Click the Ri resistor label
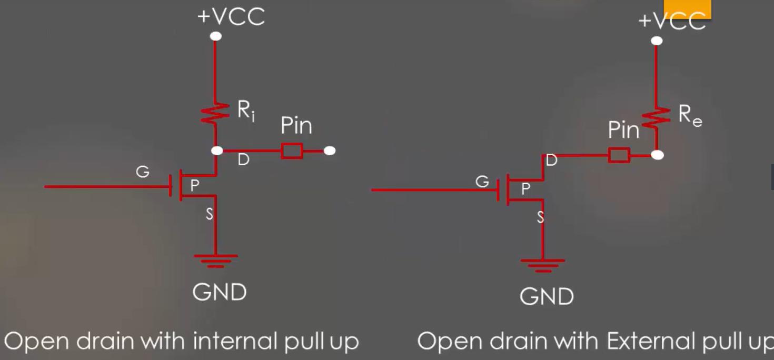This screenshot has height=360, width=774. coord(246,111)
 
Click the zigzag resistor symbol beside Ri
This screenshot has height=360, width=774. coord(215,113)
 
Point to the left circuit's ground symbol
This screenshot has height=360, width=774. coord(216,261)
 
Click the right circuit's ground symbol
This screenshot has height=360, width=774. coord(543,266)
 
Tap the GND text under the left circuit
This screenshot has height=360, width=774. coord(220,292)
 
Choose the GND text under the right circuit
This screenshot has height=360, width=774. coord(547,296)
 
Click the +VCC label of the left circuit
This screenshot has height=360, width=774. coord(231,16)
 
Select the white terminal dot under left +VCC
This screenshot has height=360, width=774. coord(216,36)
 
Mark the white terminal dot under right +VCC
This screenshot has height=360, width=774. coord(657,41)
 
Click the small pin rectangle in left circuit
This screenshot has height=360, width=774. coord(292,151)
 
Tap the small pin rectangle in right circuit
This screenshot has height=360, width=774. coord(619,155)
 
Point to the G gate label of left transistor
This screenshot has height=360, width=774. coord(143,172)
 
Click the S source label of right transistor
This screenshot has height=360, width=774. coord(540,217)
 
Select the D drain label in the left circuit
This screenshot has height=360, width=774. coord(244,159)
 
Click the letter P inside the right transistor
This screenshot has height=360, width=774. coord(525,188)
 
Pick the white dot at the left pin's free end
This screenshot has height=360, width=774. coord(330,151)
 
